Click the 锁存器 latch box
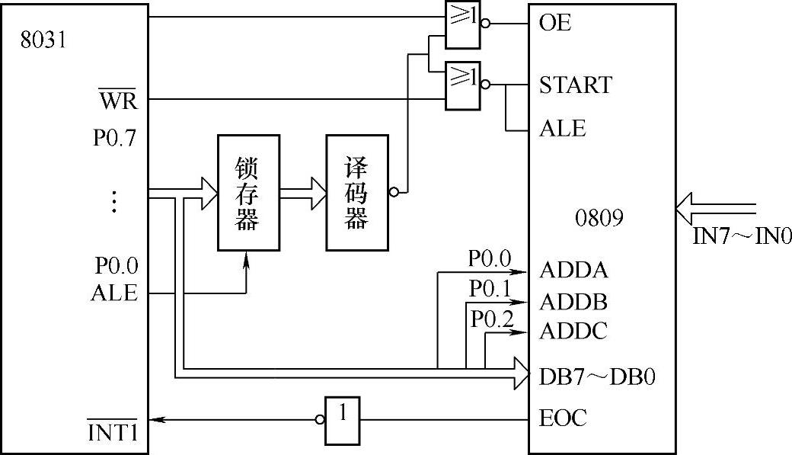tap(247, 192)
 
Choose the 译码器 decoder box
tap(356, 192)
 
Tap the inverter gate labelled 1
tap(343, 420)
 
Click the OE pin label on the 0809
tap(555, 24)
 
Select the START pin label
tap(575, 85)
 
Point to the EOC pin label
tap(563, 418)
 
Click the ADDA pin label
tap(574, 271)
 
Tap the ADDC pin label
tap(573, 332)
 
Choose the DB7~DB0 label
tap(597, 376)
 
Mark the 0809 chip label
tap(600, 219)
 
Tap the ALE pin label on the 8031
tap(114, 293)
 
